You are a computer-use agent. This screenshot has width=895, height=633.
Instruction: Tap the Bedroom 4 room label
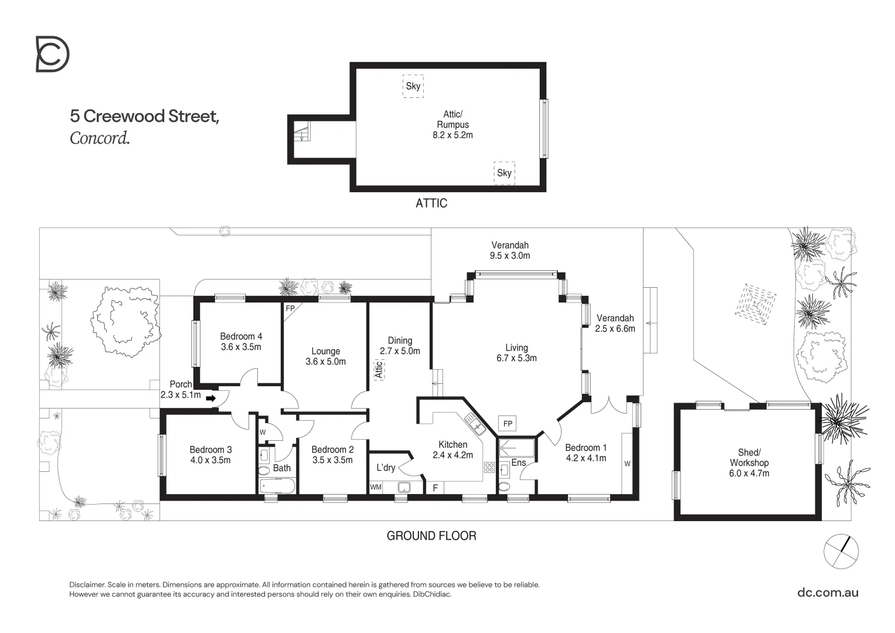(241, 336)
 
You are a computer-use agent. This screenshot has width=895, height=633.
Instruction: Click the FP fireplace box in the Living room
(508, 424)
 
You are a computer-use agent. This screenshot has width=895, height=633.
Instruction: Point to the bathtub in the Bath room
(278, 486)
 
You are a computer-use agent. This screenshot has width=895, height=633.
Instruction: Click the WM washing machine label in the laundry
(376, 487)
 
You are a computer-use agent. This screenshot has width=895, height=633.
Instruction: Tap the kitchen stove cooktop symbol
(489, 467)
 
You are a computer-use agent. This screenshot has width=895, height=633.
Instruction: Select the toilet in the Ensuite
(503, 486)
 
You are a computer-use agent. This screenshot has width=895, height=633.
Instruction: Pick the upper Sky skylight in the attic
(413, 86)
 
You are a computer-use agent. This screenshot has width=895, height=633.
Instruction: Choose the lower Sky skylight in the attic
(504, 173)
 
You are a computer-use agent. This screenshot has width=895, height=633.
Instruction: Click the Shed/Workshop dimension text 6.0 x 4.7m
(748, 473)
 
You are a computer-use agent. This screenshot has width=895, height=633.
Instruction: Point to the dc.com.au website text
(828, 592)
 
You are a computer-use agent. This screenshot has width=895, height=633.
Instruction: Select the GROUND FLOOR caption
(431, 536)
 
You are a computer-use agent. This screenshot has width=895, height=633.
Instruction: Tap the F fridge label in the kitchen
(435, 488)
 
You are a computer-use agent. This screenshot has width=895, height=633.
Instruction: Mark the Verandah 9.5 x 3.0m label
(509, 250)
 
